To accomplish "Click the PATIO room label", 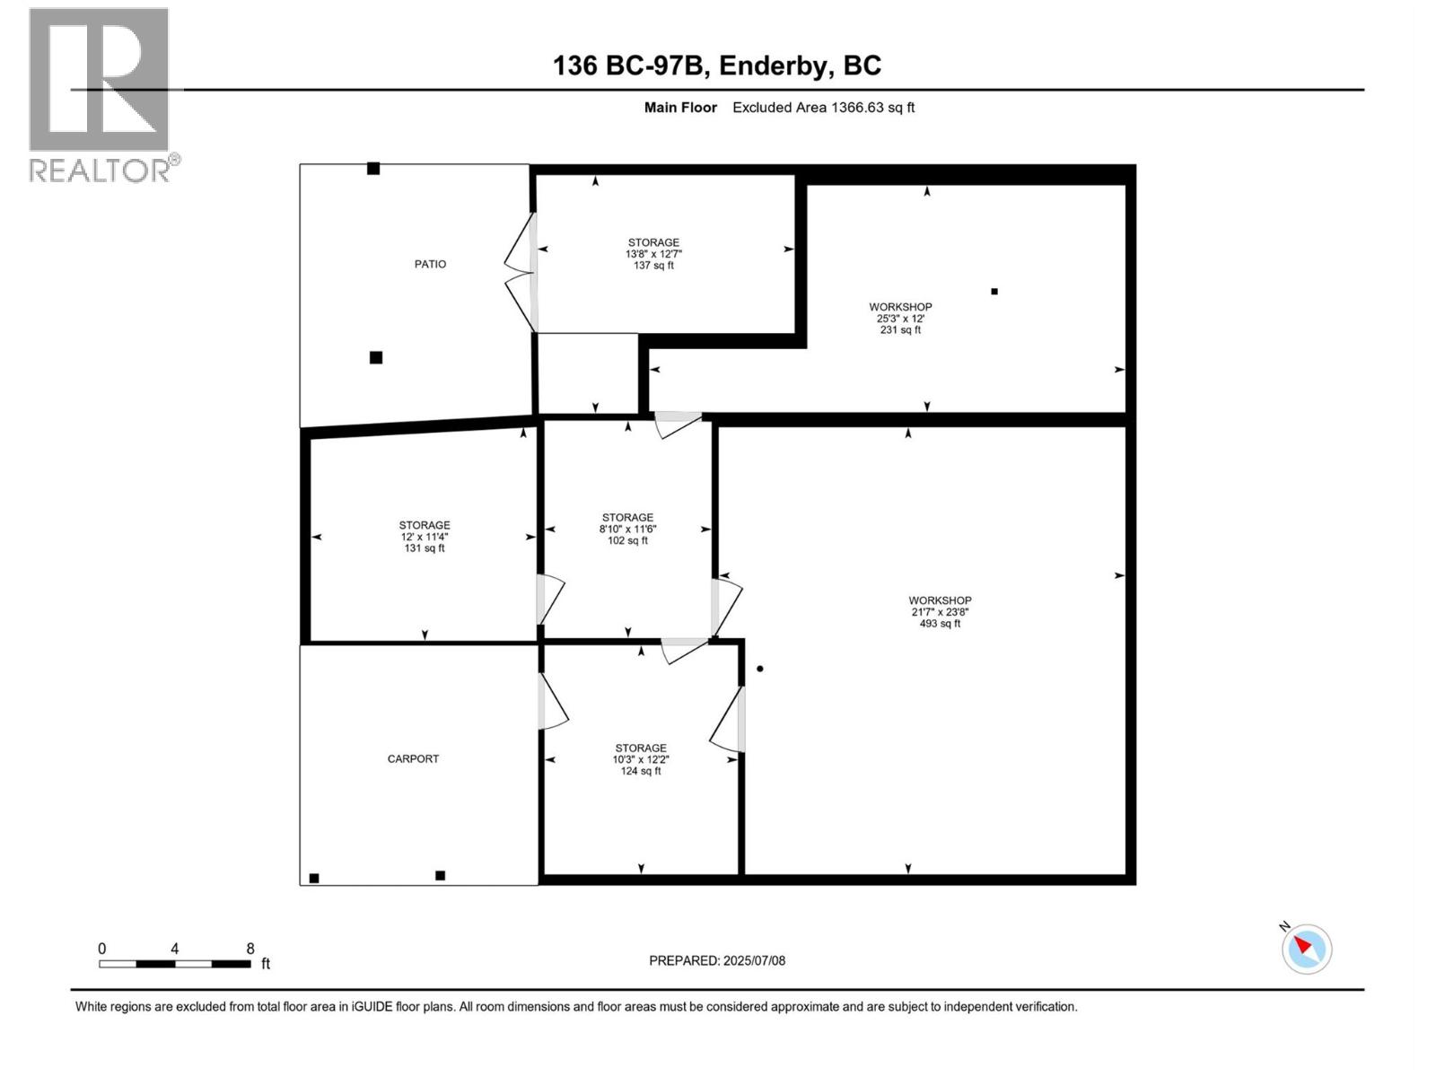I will pyautogui.click(x=430, y=264).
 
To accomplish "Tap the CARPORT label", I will pyautogui.click(x=413, y=758).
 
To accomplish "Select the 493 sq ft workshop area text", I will pyautogui.click(x=940, y=624).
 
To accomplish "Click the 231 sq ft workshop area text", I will pyautogui.click(x=900, y=330).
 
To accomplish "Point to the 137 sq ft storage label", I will pyautogui.click(x=653, y=266).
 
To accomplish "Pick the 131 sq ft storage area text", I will pyautogui.click(x=425, y=548).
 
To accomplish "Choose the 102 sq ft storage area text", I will pyautogui.click(x=627, y=540).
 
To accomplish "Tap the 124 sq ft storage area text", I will pyautogui.click(x=641, y=771).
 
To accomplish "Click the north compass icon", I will pyautogui.click(x=1307, y=948).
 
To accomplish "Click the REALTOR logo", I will pyautogui.click(x=101, y=94).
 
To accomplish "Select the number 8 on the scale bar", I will pyautogui.click(x=250, y=949).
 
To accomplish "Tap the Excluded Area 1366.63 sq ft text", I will pyautogui.click(x=823, y=108).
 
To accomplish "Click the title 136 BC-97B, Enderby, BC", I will pyautogui.click(x=717, y=66).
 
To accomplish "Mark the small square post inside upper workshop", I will pyautogui.click(x=994, y=292).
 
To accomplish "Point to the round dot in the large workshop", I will pyautogui.click(x=760, y=669).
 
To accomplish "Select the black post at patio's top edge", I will pyautogui.click(x=373, y=169).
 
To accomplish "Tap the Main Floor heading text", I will pyautogui.click(x=680, y=108).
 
